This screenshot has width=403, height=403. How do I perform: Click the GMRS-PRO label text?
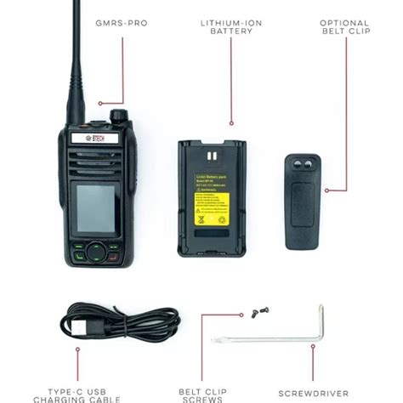[x=122, y=24]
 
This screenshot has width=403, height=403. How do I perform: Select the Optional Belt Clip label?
[x=344, y=29]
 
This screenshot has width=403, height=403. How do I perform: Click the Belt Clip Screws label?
[x=201, y=395]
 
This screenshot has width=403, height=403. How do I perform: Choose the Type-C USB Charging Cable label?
[x=77, y=395]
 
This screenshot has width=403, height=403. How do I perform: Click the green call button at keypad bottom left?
[x=78, y=255]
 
